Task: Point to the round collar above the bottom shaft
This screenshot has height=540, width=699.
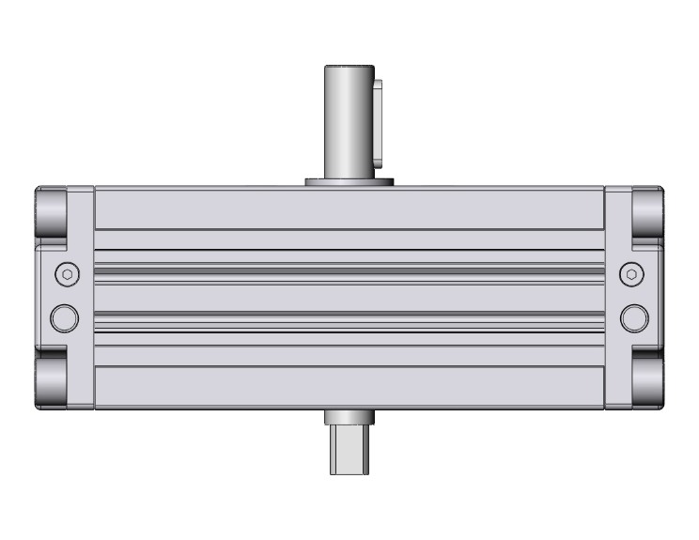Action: point(349,418)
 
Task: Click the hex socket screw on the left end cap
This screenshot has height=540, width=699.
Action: point(65,273)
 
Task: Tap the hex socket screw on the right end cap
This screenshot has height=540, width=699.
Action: point(633,273)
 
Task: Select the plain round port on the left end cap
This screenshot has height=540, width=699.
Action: point(65,317)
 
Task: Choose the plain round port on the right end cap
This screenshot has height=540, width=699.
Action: point(634,317)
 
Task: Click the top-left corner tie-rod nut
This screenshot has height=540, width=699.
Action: point(53,215)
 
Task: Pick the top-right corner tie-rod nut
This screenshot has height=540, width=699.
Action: point(646,215)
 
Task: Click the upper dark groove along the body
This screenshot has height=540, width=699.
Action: point(349,271)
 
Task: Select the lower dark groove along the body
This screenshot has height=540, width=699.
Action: point(349,318)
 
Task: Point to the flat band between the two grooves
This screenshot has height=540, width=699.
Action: point(349,296)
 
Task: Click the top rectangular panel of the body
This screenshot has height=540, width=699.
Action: point(349,208)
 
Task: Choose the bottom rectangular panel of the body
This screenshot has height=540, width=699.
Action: point(349,387)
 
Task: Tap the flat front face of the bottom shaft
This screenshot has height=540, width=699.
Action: point(349,460)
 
